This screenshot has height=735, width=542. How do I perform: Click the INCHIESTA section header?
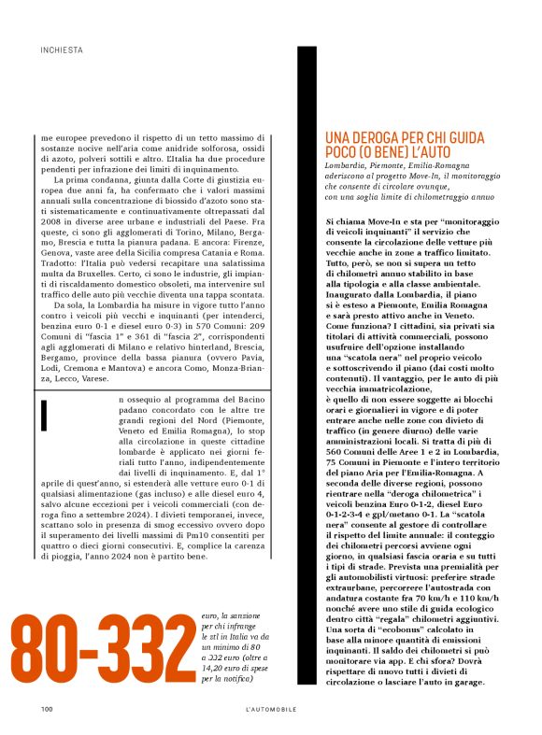click(x=62, y=49)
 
